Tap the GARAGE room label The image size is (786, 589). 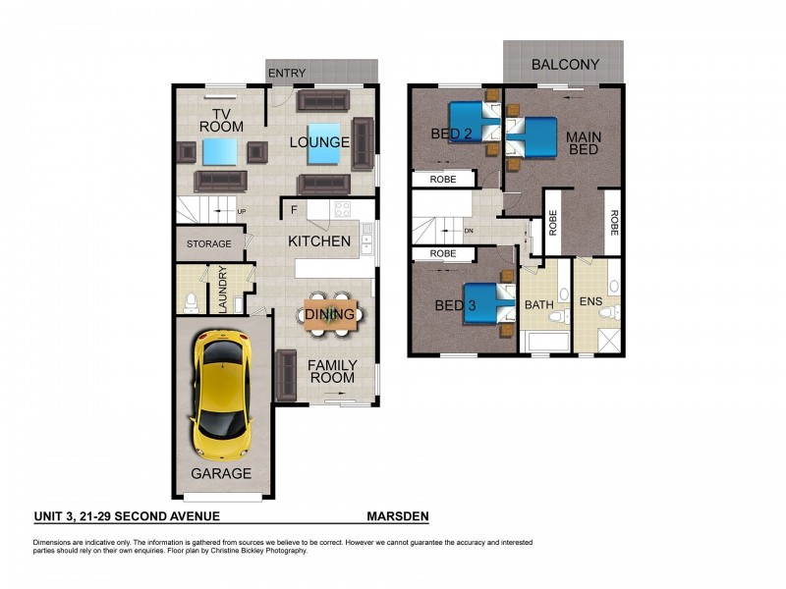[x=221, y=473]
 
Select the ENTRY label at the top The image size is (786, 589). [x=287, y=73]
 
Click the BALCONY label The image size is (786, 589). [x=565, y=65]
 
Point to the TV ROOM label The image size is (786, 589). [x=221, y=119]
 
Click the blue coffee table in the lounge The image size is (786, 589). [x=325, y=141]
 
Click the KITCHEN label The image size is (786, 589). [x=319, y=241]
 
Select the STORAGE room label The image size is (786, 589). [x=209, y=243]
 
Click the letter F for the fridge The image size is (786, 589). [x=294, y=209]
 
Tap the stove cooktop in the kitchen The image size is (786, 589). [x=343, y=208]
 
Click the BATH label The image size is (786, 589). [x=538, y=305]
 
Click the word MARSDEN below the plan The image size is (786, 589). [x=397, y=516]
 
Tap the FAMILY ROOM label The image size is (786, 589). [x=332, y=371]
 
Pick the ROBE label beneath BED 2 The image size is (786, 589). [x=443, y=180]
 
